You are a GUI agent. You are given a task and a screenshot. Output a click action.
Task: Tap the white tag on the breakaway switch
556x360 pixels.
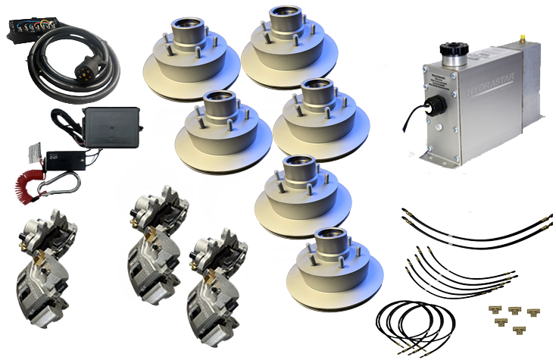pyautogui.click(x=30, y=152)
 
